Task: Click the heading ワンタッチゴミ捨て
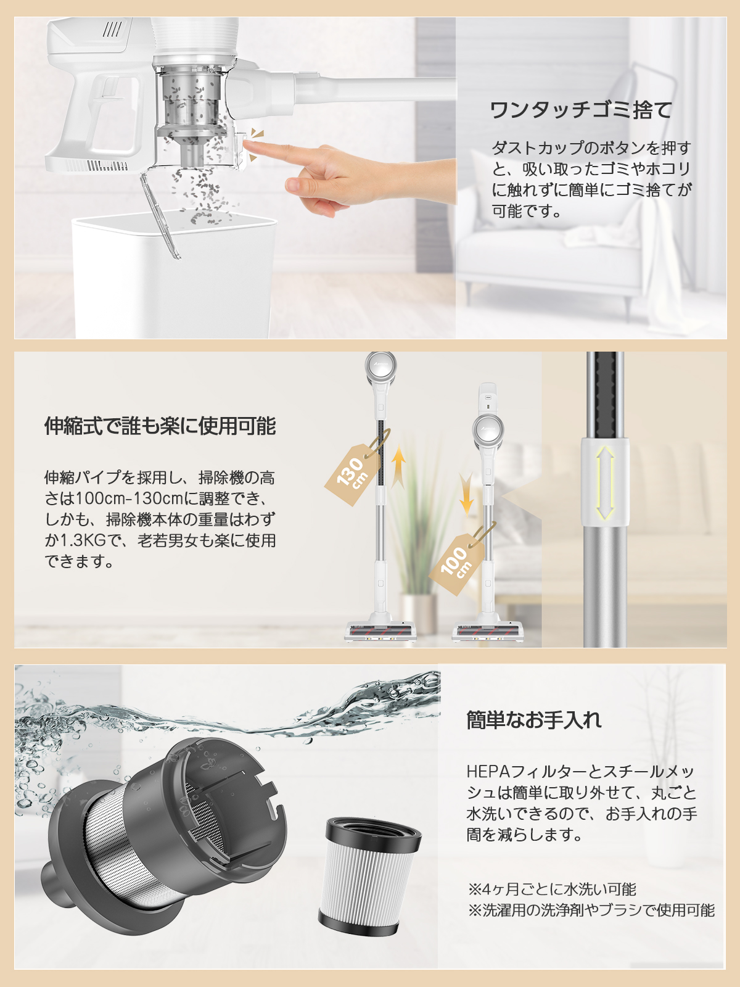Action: click(x=580, y=110)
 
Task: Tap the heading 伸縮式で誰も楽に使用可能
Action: click(x=160, y=426)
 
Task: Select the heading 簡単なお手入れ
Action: click(x=533, y=720)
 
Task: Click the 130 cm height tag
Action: click(x=353, y=473)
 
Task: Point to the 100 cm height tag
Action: click(x=455, y=563)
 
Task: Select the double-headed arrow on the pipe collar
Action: click(x=605, y=482)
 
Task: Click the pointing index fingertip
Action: click(x=249, y=146)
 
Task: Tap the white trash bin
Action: click(x=173, y=278)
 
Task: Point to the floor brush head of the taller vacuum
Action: click(x=380, y=632)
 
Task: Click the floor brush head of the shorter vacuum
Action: click(x=487, y=632)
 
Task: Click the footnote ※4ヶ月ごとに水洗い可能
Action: click(x=552, y=889)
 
